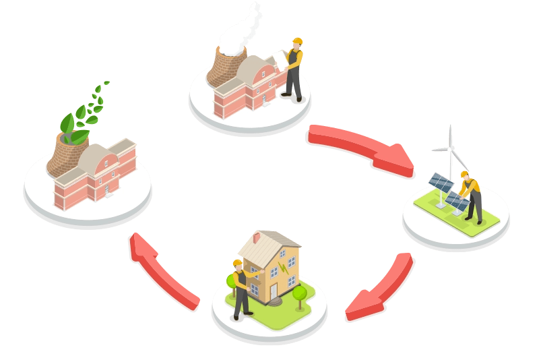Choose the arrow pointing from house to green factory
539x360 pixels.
click(x=162, y=270)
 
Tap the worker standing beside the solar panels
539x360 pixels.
click(x=472, y=196)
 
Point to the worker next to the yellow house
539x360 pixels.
click(x=241, y=287)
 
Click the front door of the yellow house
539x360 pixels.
click(x=273, y=291)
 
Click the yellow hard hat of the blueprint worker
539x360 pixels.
click(x=296, y=42)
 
